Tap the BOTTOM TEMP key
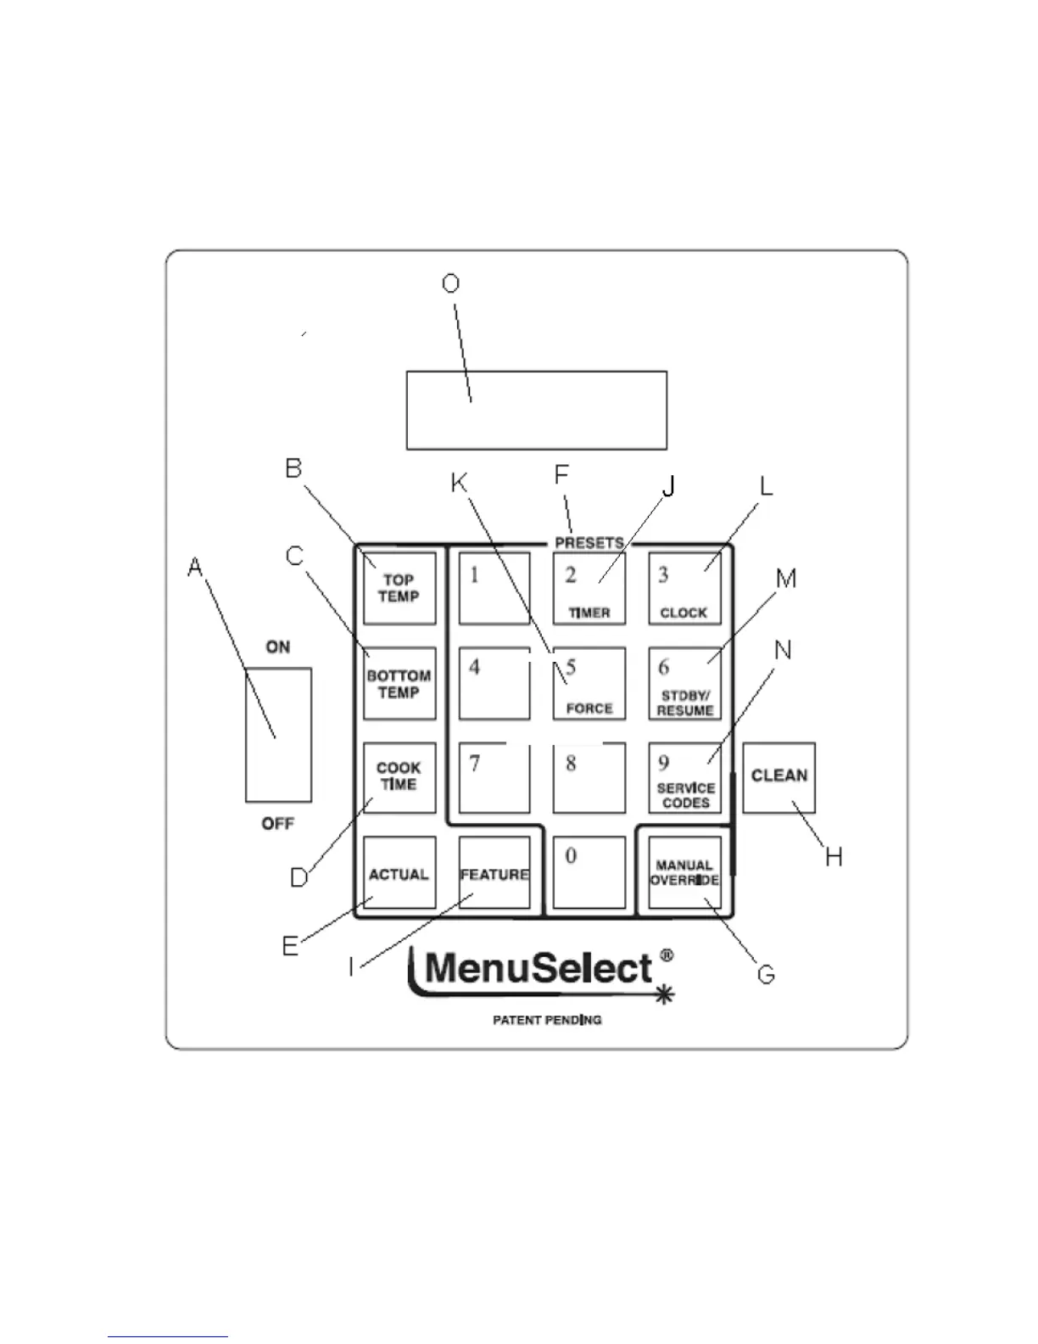coord(399,684)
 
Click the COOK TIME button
coord(399,777)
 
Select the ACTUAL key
coord(399,873)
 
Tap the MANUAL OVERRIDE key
coord(684,873)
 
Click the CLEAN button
coord(778,777)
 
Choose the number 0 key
coord(589,873)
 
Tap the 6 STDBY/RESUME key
coord(684,684)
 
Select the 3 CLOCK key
coord(684,589)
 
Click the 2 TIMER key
coord(589,589)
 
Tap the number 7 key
coord(494,777)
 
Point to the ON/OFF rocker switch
coord(278,735)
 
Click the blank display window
coord(536,410)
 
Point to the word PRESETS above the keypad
coord(589,542)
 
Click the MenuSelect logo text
coord(539,969)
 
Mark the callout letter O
coord(451,283)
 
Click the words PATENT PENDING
coord(547,1019)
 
